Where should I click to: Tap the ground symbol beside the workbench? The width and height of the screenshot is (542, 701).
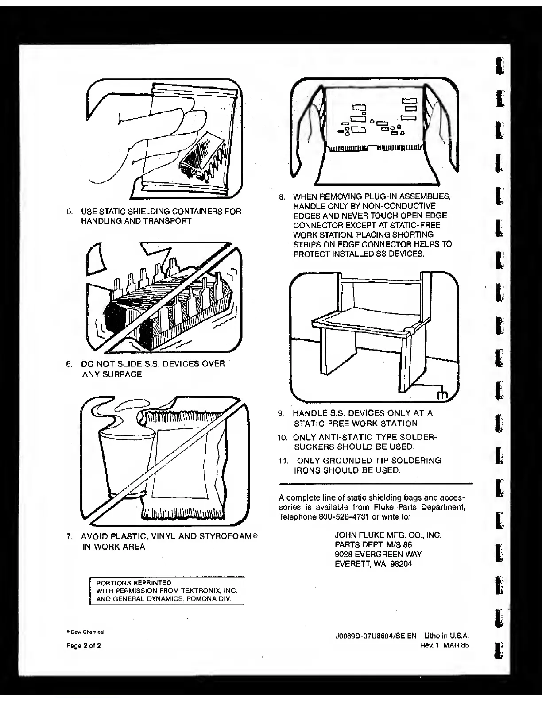[442, 394]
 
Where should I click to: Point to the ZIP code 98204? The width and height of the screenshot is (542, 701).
[400, 564]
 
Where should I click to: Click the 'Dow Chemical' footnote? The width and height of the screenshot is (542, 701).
[86, 632]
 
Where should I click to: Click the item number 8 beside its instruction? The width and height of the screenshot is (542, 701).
[282, 197]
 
